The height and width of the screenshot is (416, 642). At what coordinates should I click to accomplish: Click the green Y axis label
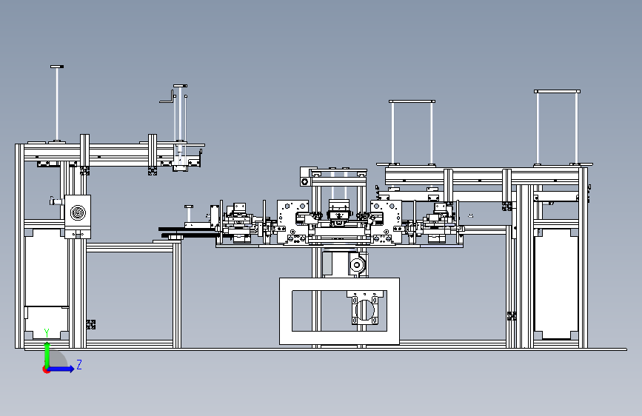coord(47,333)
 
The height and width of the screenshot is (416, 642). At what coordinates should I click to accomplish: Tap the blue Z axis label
coord(79,364)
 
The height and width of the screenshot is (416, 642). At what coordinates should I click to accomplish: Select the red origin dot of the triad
coord(46,369)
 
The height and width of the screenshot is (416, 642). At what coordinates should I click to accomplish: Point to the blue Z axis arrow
coord(61,369)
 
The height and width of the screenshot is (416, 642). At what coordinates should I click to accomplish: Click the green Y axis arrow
coord(47,355)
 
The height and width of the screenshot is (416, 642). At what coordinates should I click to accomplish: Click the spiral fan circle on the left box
coord(78,212)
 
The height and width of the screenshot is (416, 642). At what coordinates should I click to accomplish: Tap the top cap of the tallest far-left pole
coord(57,67)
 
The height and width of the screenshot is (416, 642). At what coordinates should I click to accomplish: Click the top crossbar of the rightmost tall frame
coord(557,91)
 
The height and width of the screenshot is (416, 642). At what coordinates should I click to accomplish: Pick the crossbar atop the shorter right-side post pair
coord(412,101)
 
